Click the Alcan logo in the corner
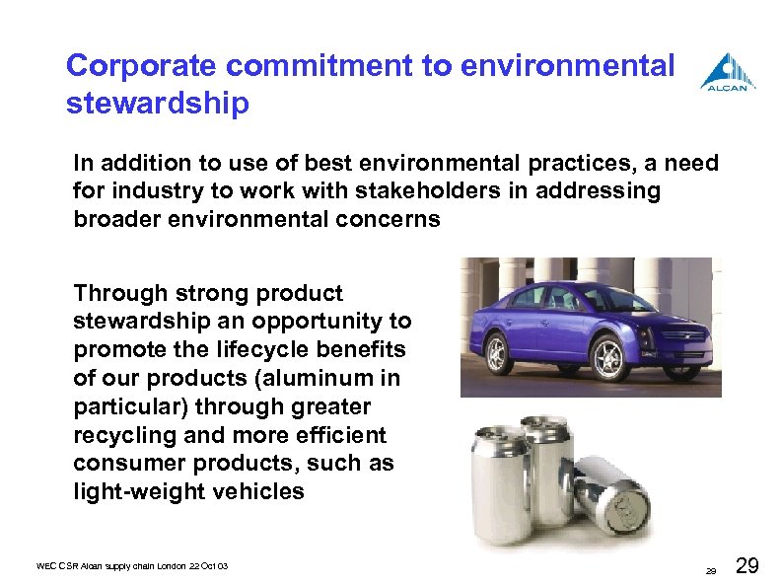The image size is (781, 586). tap(729, 72)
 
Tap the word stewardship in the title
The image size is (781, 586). tap(158, 103)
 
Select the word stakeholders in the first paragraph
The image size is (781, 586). tap(390, 190)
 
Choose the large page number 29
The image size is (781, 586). tap(746, 565)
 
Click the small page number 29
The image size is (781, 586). tap(709, 571)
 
